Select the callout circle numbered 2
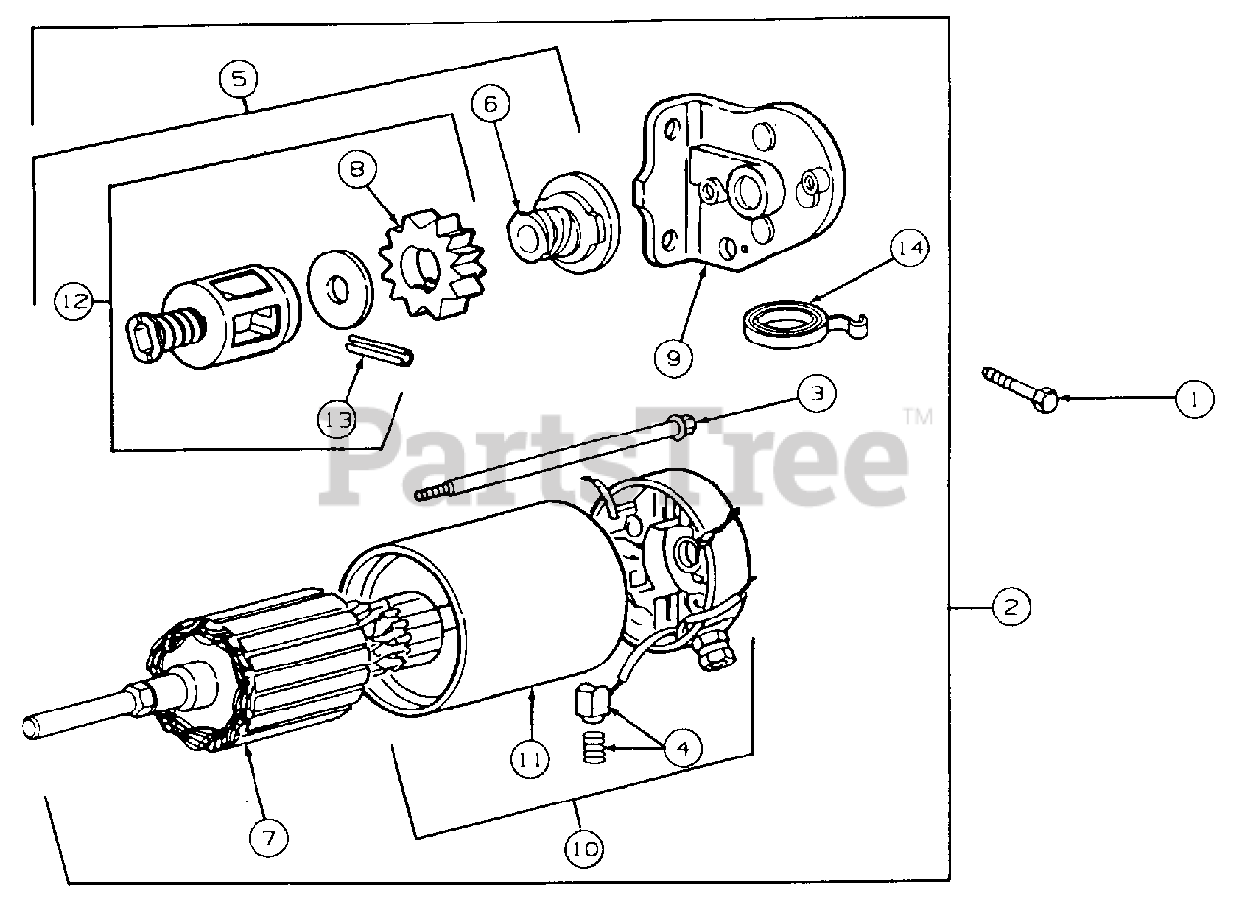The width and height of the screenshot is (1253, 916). pyautogui.click(x=1010, y=608)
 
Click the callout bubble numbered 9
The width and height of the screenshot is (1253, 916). pyautogui.click(x=673, y=356)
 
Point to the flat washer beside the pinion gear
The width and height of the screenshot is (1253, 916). pyautogui.click(x=339, y=289)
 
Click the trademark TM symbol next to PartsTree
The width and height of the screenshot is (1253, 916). pyautogui.click(x=917, y=418)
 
